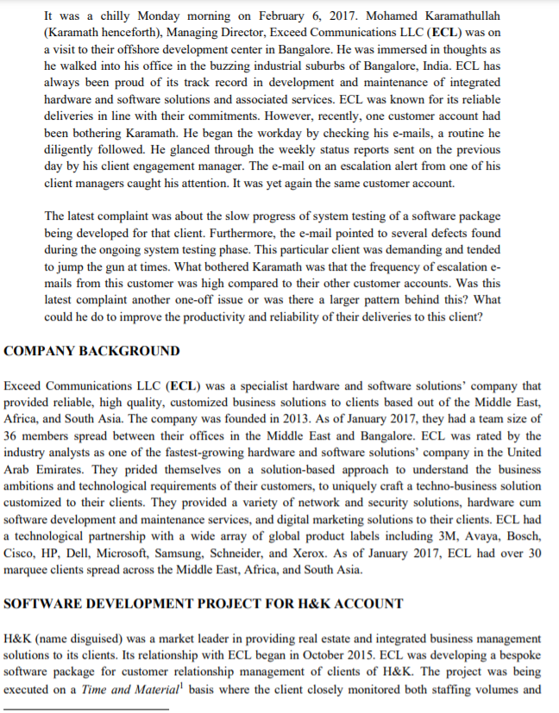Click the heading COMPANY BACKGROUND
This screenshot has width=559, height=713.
(x=92, y=351)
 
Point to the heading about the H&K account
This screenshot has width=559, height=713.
(x=203, y=603)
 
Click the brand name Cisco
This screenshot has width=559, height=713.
(x=21, y=553)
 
